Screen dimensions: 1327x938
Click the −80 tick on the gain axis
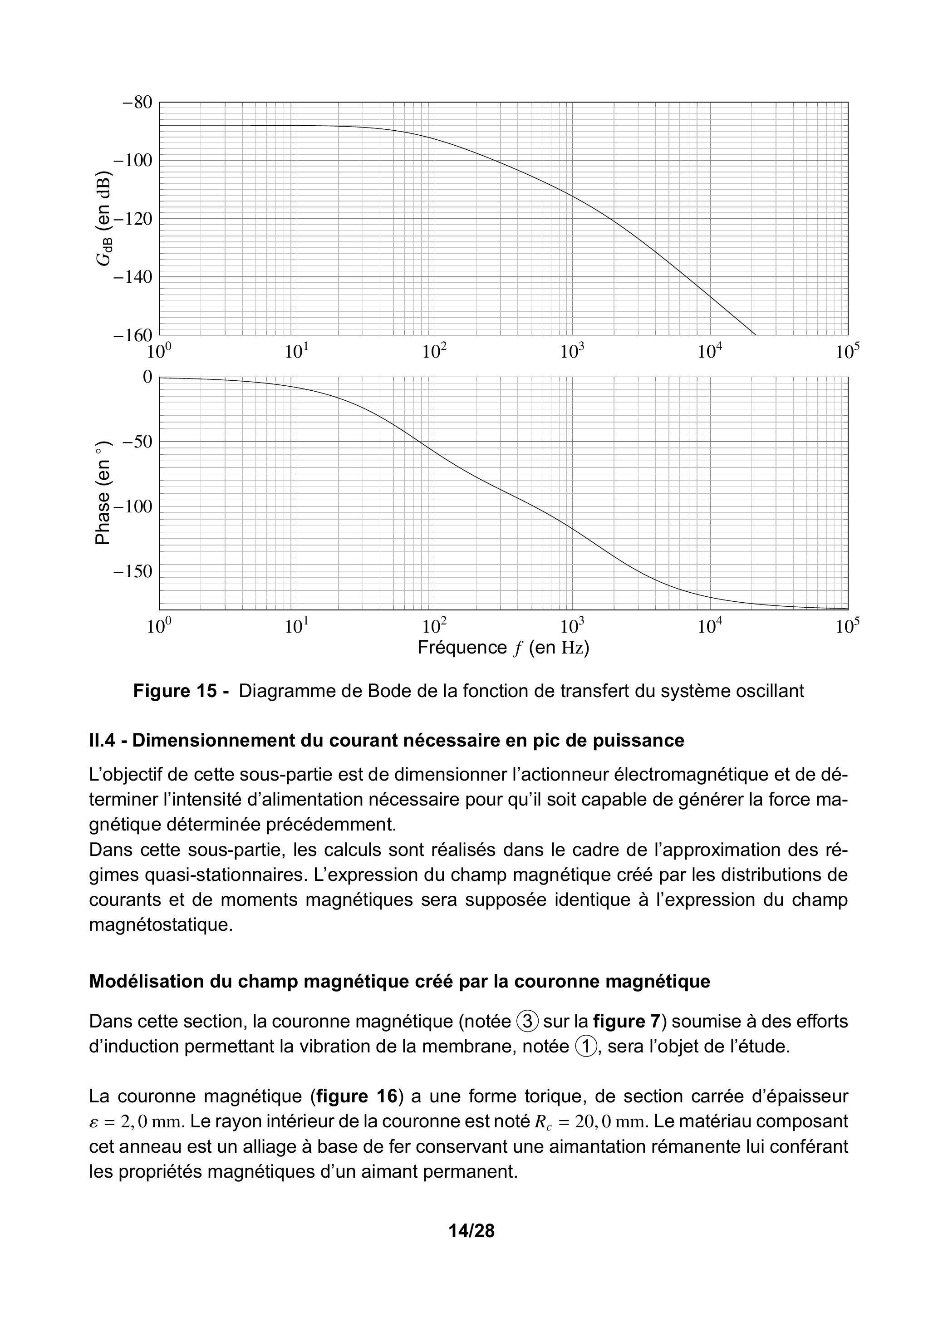pyautogui.click(x=137, y=103)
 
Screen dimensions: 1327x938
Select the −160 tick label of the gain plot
pyautogui.click(x=133, y=335)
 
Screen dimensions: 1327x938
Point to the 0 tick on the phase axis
pyautogui.click(x=147, y=377)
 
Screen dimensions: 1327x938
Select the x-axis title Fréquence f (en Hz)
pyautogui.click(x=503, y=647)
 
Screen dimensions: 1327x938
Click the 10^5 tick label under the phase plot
pyautogui.click(x=847, y=626)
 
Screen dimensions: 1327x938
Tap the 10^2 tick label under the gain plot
pyautogui.click(x=435, y=351)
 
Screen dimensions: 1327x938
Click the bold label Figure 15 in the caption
pyautogui.click(x=182, y=691)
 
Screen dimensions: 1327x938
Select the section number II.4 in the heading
pyautogui.click(x=104, y=740)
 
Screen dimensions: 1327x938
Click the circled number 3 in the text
pyautogui.click(x=527, y=1021)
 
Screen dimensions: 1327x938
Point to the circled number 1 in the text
pyautogui.click(x=586, y=1047)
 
